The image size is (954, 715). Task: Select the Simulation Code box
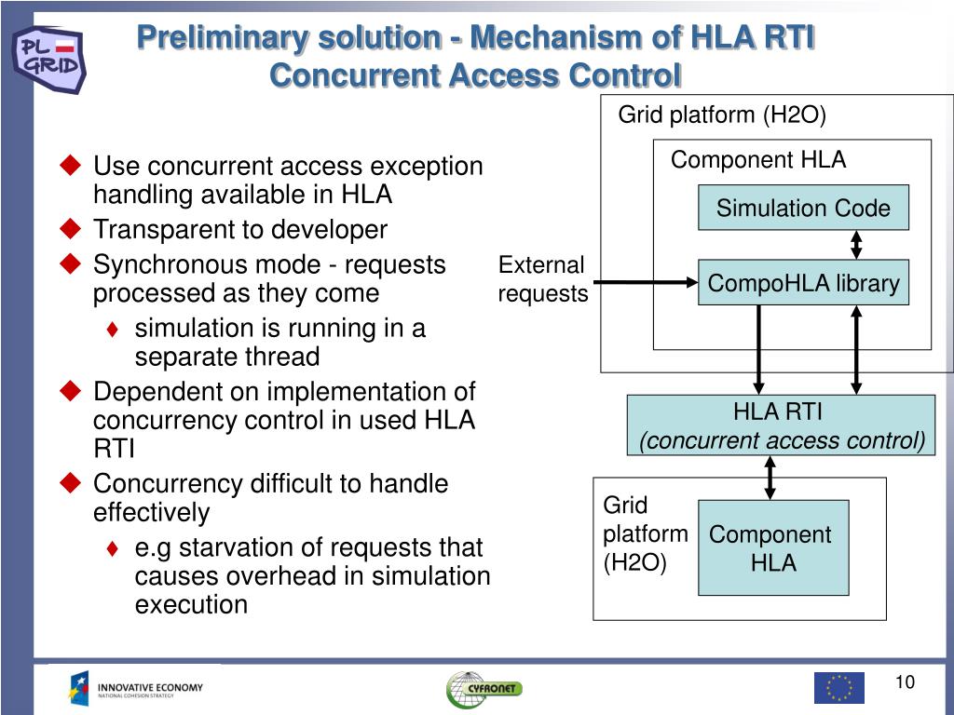(803, 208)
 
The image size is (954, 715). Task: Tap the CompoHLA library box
(803, 283)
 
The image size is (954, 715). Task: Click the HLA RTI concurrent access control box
(781, 425)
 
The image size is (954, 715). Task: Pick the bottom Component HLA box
(772, 547)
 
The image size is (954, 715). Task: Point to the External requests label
(542, 279)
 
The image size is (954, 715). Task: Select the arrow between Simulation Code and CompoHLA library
(856, 245)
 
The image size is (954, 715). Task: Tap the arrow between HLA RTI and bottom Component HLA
(770, 478)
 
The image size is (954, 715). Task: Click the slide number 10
(905, 682)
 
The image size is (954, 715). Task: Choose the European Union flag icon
(838, 687)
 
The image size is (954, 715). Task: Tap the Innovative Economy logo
(136, 688)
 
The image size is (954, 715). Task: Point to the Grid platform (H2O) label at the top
(722, 115)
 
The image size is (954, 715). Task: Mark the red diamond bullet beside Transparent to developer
(71, 228)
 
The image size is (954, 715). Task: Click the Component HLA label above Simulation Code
(758, 160)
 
